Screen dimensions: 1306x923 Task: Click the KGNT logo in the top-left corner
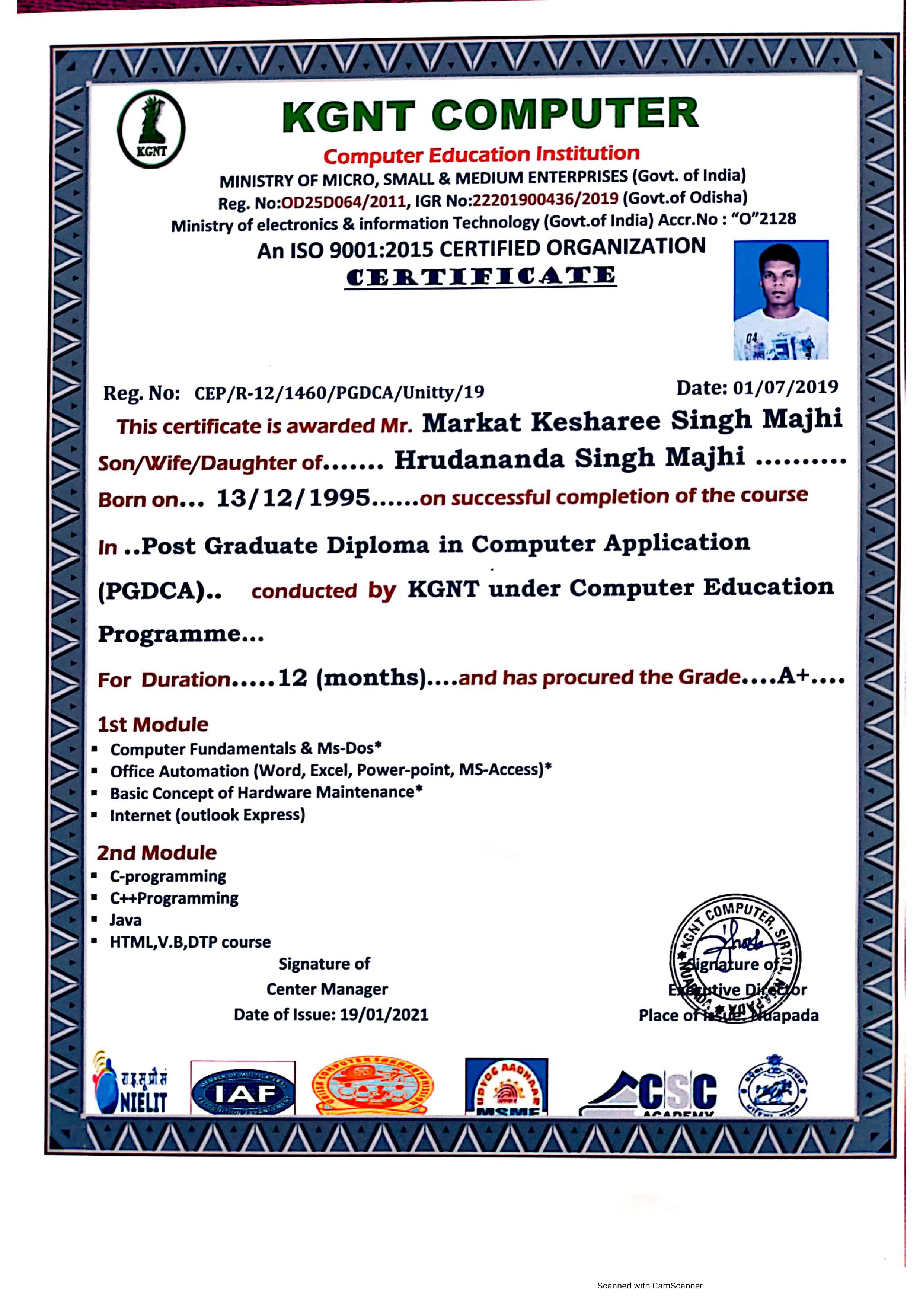click(151, 129)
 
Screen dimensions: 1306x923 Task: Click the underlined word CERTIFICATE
click(480, 277)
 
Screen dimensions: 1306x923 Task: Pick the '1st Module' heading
click(153, 725)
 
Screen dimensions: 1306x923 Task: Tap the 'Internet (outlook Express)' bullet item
click(207, 815)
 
